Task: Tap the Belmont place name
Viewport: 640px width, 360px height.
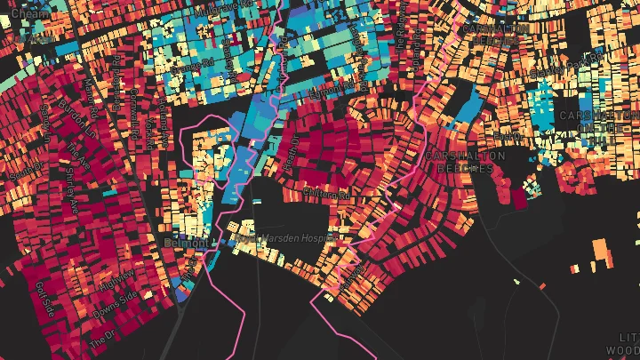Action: [185, 242]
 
